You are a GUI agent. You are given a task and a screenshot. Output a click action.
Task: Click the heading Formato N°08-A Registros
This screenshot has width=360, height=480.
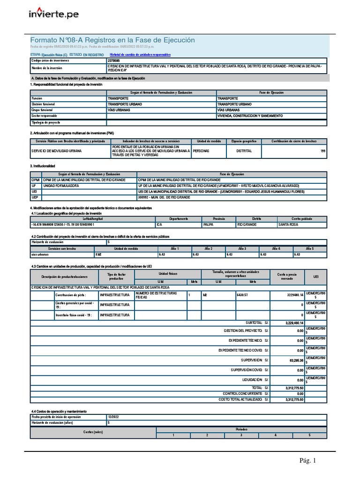(x=112, y=40)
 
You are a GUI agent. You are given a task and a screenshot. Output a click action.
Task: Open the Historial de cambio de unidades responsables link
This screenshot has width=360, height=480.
(x=139, y=55)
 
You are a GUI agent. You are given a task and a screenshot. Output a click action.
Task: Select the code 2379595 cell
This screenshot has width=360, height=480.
(x=113, y=60)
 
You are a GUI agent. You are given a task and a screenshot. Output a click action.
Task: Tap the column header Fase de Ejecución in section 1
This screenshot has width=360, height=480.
(x=272, y=93)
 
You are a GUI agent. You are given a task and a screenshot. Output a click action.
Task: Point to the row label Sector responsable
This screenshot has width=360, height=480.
(x=44, y=115)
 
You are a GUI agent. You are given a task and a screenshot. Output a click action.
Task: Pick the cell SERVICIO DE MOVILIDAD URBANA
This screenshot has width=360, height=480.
(x=56, y=151)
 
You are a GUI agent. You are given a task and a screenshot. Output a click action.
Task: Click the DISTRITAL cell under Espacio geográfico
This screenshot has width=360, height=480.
(x=244, y=151)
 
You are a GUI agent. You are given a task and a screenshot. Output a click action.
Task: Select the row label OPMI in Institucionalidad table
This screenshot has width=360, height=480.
(x=36, y=180)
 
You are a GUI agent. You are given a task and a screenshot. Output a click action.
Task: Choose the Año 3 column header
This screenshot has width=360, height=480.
(x=242, y=248)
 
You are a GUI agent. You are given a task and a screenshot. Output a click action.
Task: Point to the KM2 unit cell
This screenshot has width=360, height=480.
(x=99, y=255)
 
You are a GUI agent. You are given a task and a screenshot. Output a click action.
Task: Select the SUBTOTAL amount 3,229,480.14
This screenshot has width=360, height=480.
(x=294, y=323)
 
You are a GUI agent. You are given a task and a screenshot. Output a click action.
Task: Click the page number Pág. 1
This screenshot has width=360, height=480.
(x=308, y=461)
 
